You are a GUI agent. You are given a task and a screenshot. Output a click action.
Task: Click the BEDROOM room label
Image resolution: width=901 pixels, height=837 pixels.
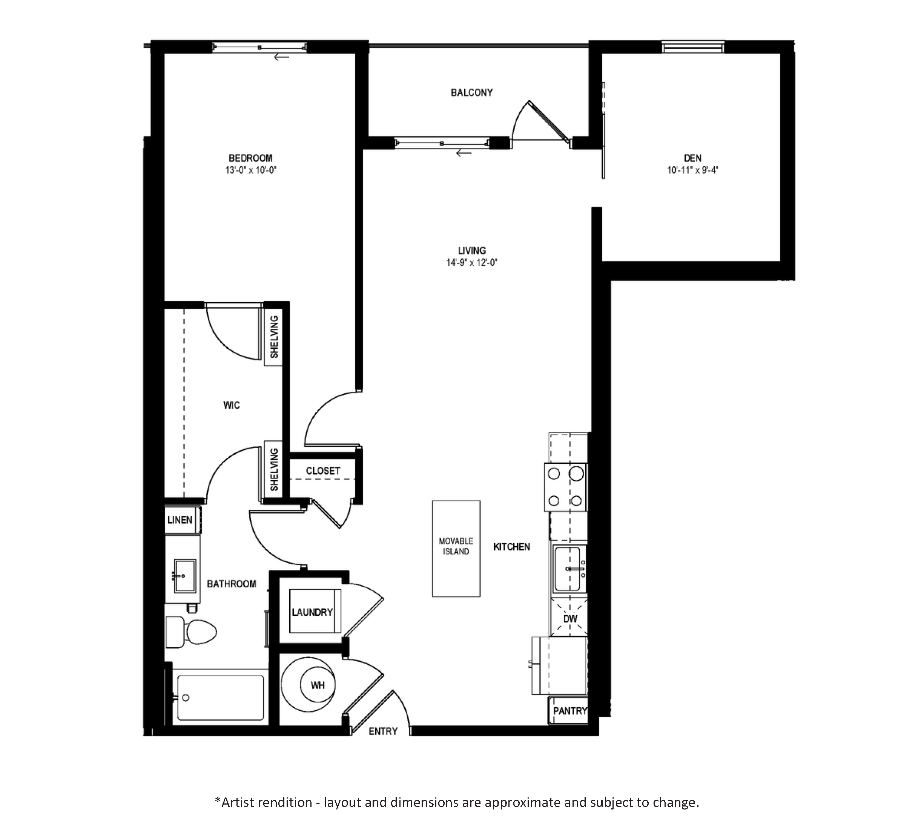[x=250, y=158]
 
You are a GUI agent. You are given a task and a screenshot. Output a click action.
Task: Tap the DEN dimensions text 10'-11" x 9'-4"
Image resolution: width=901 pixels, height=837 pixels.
[x=692, y=170]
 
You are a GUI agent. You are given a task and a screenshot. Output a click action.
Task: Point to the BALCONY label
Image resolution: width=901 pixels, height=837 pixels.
[x=471, y=92]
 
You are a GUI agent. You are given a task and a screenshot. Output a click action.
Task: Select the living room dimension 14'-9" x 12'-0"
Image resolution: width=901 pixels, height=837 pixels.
[x=471, y=263]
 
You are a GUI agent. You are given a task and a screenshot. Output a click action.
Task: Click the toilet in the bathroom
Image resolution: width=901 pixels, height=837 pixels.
[x=190, y=632]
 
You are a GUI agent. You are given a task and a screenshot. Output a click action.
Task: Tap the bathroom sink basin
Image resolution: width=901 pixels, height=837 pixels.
[x=185, y=576]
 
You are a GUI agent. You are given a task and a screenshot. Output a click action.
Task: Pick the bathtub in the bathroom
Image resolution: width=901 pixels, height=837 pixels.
[x=220, y=698]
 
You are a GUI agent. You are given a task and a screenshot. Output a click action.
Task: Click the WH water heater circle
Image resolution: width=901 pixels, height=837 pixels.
[x=318, y=685]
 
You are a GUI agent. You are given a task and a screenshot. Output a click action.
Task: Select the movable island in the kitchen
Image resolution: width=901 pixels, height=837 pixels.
[x=456, y=548]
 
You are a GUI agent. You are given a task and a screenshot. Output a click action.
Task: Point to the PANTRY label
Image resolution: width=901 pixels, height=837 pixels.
[x=570, y=711]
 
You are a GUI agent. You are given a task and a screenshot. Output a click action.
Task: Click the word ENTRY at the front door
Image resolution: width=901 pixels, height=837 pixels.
[x=383, y=731]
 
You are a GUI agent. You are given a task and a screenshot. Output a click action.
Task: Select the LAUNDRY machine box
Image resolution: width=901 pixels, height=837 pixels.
[x=315, y=611]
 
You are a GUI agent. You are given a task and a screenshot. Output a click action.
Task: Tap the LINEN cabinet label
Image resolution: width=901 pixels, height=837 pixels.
[x=180, y=520]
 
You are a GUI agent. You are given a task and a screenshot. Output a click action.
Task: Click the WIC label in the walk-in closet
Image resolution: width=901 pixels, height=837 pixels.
[x=232, y=405]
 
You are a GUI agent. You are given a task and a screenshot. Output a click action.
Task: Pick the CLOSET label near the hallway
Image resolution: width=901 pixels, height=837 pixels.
[x=323, y=471]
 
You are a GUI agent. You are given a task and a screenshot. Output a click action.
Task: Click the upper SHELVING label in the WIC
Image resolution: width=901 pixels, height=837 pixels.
[x=273, y=337]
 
